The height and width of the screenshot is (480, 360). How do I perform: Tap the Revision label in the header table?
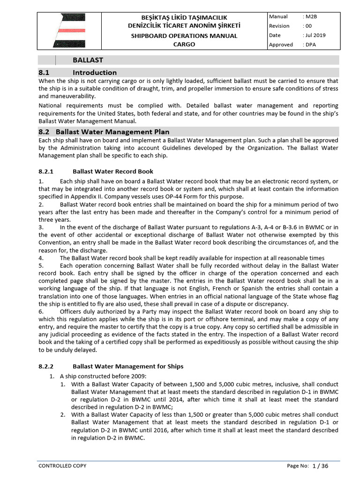pyautogui.click(x=279, y=26)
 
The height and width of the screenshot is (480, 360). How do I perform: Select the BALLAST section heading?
pyautogui.click(x=88, y=60)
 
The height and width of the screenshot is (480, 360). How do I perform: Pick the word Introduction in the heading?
pyautogui.click(x=95, y=72)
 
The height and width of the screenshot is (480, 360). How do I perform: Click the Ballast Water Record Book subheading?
pyautogui.click(x=113, y=171)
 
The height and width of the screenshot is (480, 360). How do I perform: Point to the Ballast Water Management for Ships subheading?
pyautogui.click(x=128, y=366)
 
